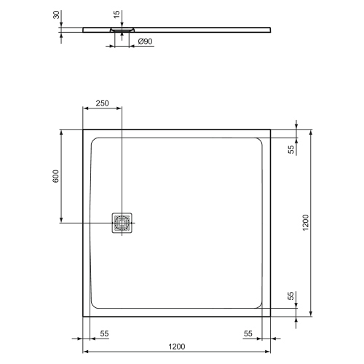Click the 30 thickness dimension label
click(x=56, y=15)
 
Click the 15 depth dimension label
click(x=116, y=14)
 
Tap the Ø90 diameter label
click(x=145, y=41)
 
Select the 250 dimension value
click(x=102, y=103)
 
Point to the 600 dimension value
click(x=55, y=176)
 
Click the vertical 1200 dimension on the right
click(x=306, y=223)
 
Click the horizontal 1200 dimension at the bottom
click(x=177, y=347)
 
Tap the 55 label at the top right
click(x=290, y=149)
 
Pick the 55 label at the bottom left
click(x=104, y=333)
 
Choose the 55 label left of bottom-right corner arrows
click(x=248, y=333)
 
